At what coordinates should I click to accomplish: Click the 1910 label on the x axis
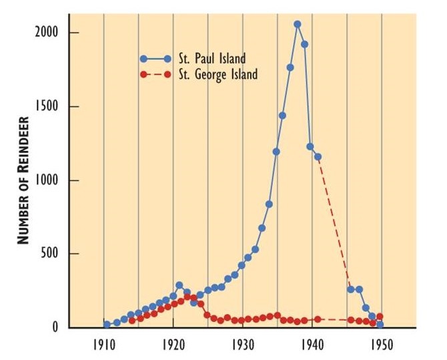103,346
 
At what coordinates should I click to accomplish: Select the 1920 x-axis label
173,346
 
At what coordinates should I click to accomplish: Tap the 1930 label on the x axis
242,346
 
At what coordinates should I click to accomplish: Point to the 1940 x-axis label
312,346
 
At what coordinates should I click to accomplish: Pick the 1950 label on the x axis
381,346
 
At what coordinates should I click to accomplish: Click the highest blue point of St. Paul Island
298,24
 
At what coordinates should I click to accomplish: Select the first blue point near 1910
107,325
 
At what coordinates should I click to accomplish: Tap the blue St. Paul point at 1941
318,157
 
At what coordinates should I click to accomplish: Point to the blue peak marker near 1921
179,285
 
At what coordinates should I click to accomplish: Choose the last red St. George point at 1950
380,317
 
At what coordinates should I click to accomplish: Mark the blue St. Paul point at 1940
311,146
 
